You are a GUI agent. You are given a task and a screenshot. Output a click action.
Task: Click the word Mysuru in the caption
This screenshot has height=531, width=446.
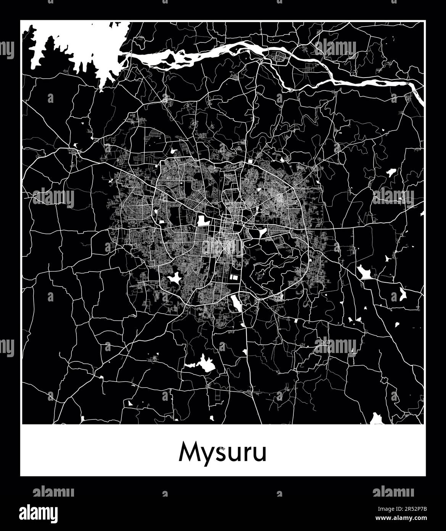223,453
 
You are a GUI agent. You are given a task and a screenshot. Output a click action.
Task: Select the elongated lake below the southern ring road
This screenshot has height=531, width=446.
235,303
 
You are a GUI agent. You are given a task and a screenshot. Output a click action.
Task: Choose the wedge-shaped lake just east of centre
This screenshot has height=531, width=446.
263,232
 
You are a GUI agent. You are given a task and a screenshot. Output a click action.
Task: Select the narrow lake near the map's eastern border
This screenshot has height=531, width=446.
402,293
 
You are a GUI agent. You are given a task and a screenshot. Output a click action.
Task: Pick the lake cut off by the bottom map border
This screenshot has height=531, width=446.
377,419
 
